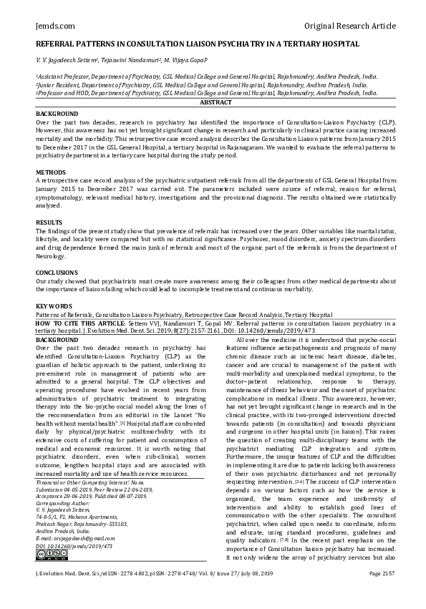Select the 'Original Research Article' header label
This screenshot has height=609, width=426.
coord(349,26)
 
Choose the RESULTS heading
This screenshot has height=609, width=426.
coord(48,222)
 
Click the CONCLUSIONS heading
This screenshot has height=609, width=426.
coord(57,272)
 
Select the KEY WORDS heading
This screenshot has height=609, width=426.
coord(52,306)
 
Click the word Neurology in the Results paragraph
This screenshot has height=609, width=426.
coord(52,254)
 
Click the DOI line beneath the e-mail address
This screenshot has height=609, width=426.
coord(74,565)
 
